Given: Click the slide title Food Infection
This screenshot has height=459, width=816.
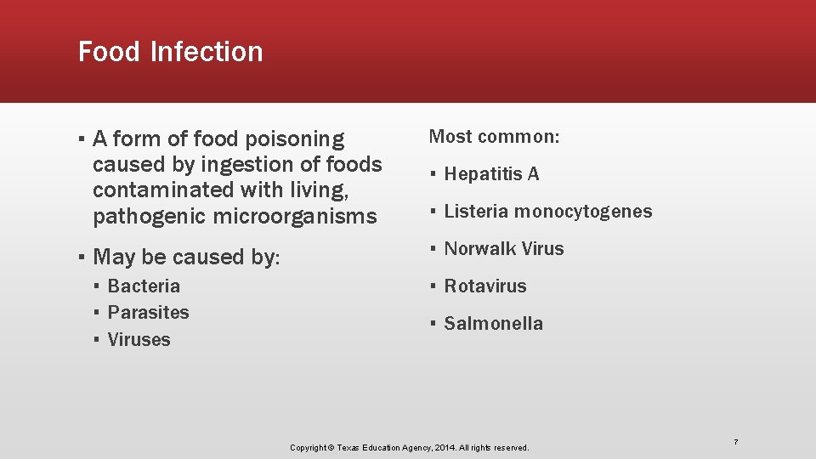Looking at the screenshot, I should [x=170, y=52].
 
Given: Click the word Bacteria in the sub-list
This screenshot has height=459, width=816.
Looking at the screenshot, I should [x=144, y=286].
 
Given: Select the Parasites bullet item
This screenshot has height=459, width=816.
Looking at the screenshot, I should [x=148, y=313].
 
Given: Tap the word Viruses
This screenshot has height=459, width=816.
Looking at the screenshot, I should [x=139, y=340].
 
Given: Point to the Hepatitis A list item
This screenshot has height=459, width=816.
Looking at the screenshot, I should [x=491, y=174].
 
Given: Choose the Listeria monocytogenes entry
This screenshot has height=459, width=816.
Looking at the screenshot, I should [x=547, y=212].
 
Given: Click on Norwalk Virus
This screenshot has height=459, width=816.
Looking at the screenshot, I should [x=503, y=249].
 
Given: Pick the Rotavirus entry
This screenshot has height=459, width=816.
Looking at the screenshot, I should [x=484, y=286].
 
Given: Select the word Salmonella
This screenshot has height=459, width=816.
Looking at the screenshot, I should [x=493, y=324].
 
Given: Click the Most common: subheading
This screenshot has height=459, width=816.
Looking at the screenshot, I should [x=494, y=137].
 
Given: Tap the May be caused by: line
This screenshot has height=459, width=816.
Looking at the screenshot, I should [x=185, y=257].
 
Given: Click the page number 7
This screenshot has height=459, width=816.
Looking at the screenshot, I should [x=736, y=442].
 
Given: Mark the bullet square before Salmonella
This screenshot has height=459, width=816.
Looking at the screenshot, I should [x=433, y=324].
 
